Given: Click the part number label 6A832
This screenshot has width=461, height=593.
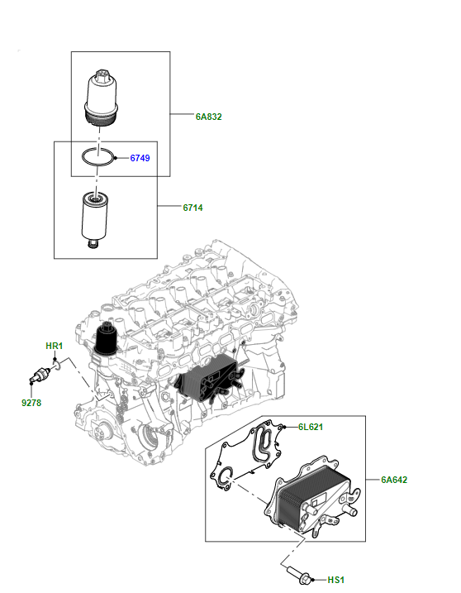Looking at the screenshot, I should [209, 117].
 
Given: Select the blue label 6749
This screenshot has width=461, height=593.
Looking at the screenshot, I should [140, 157].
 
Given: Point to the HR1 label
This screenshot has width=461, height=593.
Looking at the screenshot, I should [53, 345].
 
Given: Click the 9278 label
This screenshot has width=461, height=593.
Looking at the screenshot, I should [31, 403].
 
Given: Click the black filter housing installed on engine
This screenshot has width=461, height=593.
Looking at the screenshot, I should [107, 341].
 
